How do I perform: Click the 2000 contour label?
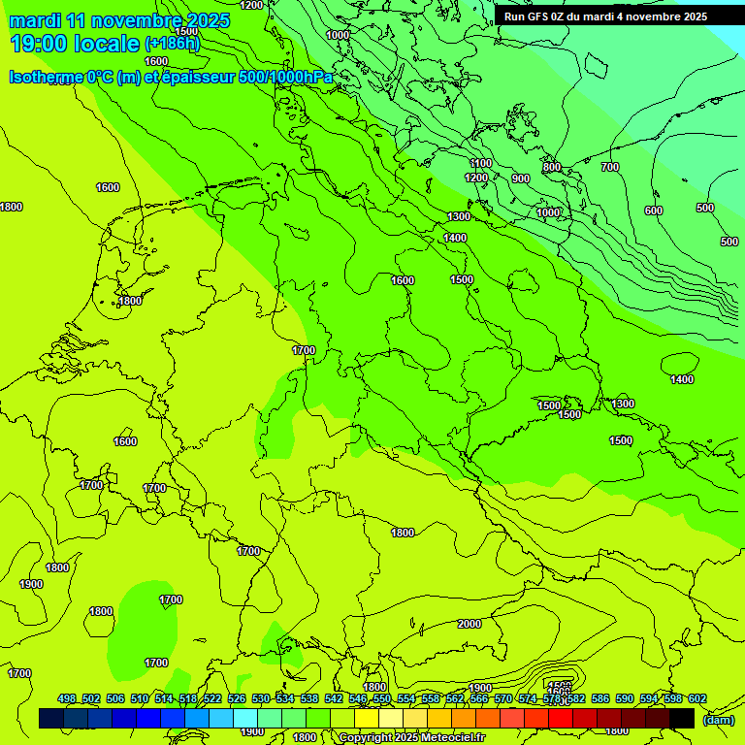click(x=470, y=624)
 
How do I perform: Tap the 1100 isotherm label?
click(x=480, y=164)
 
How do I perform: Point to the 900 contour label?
click(x=521, y=178)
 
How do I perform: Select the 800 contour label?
click(x=552, y=168)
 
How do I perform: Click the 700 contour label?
click(x=609, y=168)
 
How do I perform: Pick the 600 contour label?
click(x=653, y=211)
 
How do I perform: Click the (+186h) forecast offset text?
click(x=172, y=44)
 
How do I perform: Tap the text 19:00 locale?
click(x=75, y=44)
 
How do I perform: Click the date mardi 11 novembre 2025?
click(x=119, y=20)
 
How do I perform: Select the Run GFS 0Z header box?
click(x=605, y=16)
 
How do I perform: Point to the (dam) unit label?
click(x=718, y=719)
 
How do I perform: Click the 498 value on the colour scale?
click(x=67, y=699)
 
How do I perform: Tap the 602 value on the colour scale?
click(x=697, y=699)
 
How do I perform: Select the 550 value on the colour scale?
click(x=382, y=699)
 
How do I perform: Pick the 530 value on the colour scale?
click(x=261, y=699)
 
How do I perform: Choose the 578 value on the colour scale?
click(x=552, y=699)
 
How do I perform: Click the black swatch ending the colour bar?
click(x=682, y=719)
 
